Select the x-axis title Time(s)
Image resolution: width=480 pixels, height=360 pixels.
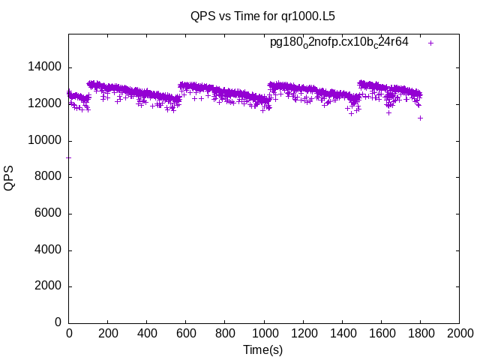click(263, 349)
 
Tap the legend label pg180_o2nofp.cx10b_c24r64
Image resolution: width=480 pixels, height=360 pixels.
click(339, 43)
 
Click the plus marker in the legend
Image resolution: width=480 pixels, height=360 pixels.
click(430, 43)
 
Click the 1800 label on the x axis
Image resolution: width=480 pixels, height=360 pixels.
click(420, 334)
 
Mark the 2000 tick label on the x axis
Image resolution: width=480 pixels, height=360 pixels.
click(459, 334)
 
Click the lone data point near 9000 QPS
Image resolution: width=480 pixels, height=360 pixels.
click(69, 157)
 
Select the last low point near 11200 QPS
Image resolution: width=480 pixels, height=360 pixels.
click(421, 118)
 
